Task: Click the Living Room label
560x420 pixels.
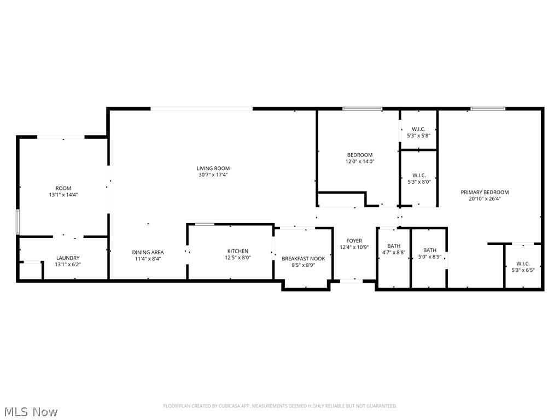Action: [213, 168]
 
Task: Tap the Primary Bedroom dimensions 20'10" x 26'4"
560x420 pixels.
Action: [485, 199]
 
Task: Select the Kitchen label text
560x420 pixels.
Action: [238, 251]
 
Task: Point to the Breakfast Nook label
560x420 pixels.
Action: [303, 258]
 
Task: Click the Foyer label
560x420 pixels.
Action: [354, 241]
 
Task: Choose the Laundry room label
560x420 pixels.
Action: [68, 258]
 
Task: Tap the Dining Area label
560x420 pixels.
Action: [148, 252]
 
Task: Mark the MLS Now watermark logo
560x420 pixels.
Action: [30, 411]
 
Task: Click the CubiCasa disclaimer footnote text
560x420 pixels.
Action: [280, 406]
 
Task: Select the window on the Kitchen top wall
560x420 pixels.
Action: [205, 224]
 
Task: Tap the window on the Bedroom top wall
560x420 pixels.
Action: [362, 109]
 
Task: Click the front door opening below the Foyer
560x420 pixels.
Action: [351, 281]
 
